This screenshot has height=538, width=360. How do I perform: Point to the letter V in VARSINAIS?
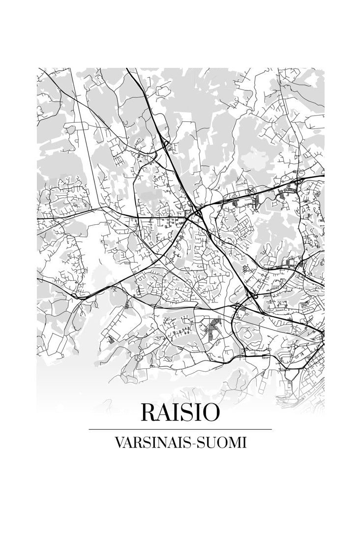coord(118,442)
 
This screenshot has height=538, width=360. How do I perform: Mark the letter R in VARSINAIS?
coord(137,442)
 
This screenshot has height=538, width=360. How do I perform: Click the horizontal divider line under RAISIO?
coord(180,429)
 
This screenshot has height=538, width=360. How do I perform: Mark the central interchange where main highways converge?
coord(197,212)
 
